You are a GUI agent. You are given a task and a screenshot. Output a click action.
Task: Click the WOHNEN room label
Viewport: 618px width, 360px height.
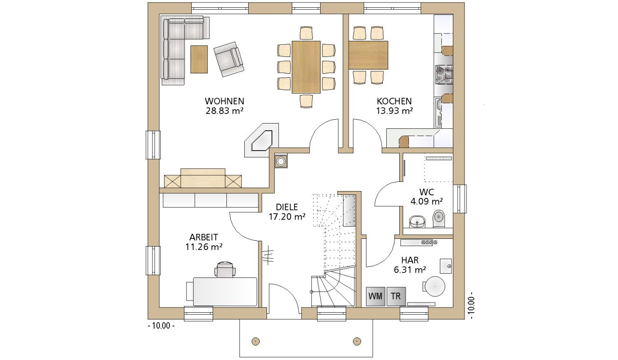(x=225, y=101)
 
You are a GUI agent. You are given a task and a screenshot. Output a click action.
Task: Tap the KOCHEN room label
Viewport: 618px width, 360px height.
(x=394, y=101)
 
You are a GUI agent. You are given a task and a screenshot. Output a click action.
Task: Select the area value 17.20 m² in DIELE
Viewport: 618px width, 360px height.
(x=287, y=217)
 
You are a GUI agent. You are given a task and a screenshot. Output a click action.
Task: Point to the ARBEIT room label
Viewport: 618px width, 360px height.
(x=204, y=237)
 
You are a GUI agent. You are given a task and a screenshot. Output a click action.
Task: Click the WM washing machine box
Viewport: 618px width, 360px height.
(x=376, y=296)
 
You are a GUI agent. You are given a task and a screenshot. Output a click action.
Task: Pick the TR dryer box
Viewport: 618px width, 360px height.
(x=396, y=296)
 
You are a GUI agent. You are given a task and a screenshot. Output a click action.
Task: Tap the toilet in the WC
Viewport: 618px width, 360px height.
(x=439, y=219)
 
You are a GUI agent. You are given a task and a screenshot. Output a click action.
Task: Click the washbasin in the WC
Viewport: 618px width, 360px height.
(x=417, y=222)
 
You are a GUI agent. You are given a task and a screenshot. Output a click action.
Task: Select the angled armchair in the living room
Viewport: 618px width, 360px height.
(x=229, y=59)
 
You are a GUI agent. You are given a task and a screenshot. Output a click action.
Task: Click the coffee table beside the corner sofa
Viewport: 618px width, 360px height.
(x=199, y=59)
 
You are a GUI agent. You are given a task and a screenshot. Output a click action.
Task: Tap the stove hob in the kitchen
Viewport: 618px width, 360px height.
(x=444, y=74)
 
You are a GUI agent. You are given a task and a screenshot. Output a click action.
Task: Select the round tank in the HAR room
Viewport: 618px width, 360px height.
(x=435, y=286)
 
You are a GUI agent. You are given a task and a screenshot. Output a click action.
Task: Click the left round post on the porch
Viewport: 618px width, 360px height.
(x=255, y=341)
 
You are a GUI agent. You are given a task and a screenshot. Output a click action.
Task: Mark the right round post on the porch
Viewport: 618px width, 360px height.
(x=357, y=341)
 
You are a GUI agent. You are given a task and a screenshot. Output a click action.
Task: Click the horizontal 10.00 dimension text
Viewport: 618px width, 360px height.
(x=161, y=326)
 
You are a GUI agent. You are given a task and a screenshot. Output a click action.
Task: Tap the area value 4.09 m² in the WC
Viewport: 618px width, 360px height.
(x=426, y=202)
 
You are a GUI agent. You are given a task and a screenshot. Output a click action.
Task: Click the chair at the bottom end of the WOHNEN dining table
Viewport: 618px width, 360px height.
(x=306, y=101)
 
